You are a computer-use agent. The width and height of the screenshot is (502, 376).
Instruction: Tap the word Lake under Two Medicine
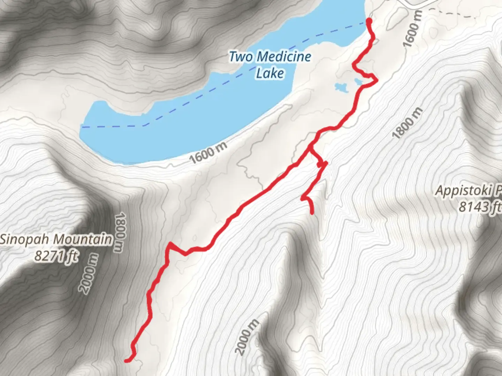(270, 73)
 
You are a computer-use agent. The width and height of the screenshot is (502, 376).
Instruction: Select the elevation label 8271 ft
(56, 256)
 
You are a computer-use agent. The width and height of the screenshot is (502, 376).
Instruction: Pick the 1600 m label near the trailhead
(413, 29)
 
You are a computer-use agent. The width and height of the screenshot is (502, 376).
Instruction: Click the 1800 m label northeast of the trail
(408, 124)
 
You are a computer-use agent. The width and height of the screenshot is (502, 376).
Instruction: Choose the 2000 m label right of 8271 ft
(89, 274)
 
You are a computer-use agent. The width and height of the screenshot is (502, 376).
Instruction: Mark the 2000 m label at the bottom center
(247, 337)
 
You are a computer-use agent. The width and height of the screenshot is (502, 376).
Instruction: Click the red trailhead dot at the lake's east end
(368, 22)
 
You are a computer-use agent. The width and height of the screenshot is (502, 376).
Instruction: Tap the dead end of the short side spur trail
(312, 212)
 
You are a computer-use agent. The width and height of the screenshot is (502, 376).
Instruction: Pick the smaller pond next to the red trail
(358, 82)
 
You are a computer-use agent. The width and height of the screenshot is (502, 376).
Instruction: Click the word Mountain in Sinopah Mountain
(84, 240)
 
